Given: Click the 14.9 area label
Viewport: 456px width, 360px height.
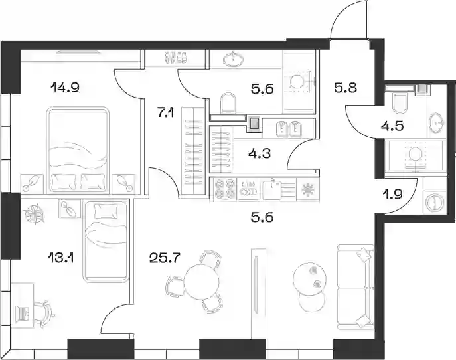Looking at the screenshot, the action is [64, 87].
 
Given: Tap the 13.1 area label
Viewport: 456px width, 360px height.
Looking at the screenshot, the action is [61, 258].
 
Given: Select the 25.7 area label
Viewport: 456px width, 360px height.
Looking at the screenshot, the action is [165, 257].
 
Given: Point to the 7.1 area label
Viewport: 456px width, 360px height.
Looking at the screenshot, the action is [165, 113].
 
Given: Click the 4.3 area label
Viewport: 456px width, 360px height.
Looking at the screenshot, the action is [260, 153].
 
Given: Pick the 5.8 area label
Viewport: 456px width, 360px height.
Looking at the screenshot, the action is [346, 88].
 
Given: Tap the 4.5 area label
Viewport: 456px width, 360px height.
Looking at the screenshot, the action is [392, 126].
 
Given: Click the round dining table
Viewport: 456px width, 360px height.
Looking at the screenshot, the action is [202, 282].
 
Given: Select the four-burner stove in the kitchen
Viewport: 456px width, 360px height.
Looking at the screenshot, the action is [225, 189].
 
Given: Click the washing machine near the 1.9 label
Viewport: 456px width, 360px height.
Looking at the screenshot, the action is [435, 203].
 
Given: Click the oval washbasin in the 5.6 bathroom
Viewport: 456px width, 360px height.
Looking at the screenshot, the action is [234, 59].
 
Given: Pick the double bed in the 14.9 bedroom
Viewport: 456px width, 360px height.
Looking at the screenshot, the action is [78, 150].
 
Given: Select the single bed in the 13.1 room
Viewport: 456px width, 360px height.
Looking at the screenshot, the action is [106, 240].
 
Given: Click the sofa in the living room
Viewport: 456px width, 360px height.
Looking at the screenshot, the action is [355, 288].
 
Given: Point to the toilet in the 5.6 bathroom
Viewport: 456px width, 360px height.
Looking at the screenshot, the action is [228, 103].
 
